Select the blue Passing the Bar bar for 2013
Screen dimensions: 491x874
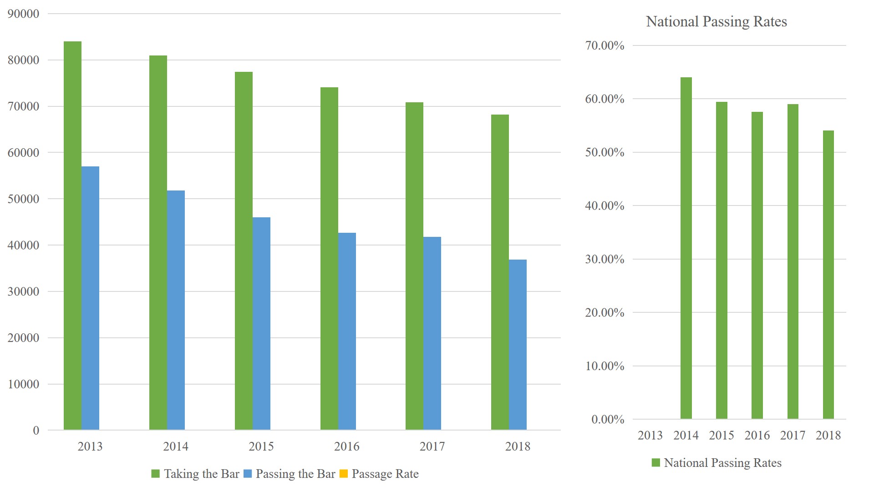[x=90, y=298]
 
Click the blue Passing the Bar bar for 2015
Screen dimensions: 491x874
[x=261, y=323]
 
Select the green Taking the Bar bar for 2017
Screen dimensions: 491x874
[x=414, y=266]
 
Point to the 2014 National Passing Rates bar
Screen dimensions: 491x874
[x=686, y=248]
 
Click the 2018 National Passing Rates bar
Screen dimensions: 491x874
[x=828, y=275]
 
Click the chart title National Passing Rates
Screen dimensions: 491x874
[x=716, y=21]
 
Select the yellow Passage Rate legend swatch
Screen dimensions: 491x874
[x=344, y=474]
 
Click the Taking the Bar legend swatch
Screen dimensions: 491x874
[x=156, y=474]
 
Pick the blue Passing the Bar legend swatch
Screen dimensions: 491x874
[x=248, y=474]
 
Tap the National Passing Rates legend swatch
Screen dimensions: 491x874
[x=656, y=463]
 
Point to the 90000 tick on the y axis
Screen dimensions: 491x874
[x=24, y=14]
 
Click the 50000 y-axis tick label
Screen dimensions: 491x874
[x=24, y=199]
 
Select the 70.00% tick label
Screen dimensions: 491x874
[x=605, y=45]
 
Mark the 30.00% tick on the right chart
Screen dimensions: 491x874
[x=605, y=259]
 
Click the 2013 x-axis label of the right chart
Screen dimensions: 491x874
[x=650, y=435]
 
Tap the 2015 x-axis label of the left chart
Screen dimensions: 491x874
[x=261, y=446]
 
